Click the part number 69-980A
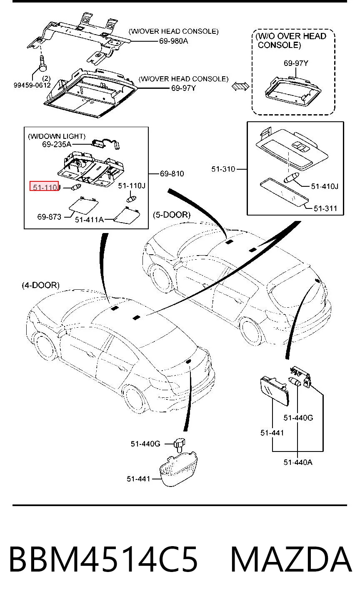[x=173, y=41]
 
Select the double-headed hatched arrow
[x=240, y=86]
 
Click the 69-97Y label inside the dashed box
[x=296, y=63]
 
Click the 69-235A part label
[x=57, y=144]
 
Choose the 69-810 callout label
[x=172, y=173]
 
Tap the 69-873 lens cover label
[x=49, y=217]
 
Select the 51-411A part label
[x=90, y=219]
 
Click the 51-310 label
[x=223, y=169]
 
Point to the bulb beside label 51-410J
[x=291, y=178]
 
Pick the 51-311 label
[x=325, y=208]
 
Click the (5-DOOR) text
[x=172, y=215]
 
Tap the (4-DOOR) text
[x=41, y=285]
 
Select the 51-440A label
[x=298, y=462]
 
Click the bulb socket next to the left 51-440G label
[x=180, y=444]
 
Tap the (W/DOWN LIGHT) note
[x=57, y=136]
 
